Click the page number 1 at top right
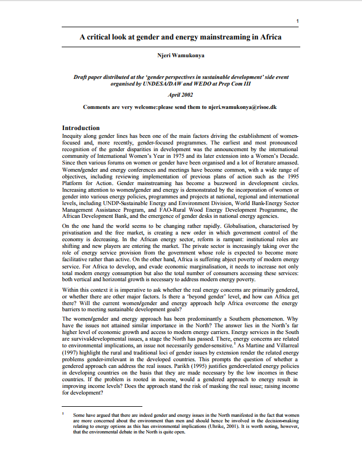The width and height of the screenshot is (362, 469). pos(298,22)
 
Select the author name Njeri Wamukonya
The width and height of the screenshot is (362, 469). pos(181,56)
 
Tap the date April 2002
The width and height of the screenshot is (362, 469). pos(181,94)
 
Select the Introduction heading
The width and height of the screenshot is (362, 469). pos(81,128)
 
